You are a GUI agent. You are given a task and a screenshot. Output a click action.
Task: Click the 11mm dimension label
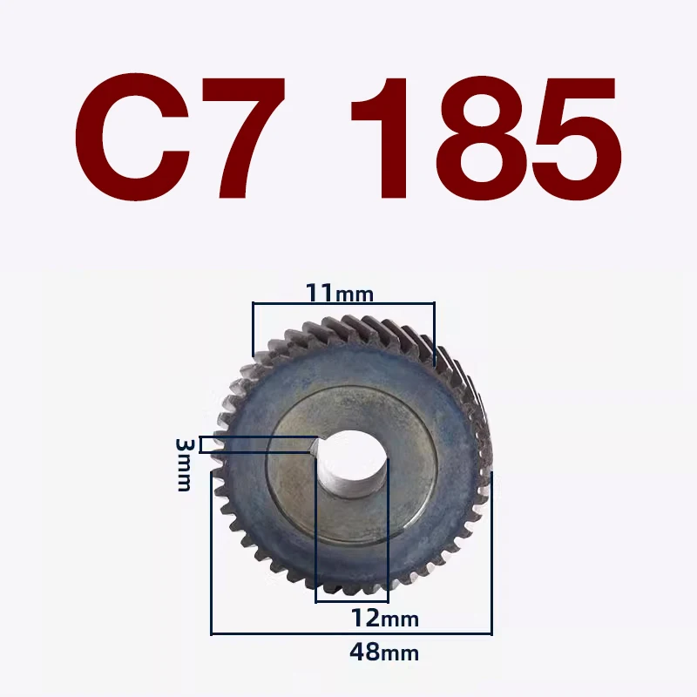(339, 293)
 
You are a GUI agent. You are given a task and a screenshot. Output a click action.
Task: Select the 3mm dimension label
(185, 464)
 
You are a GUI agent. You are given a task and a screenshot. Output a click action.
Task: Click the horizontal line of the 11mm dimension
(342, 304)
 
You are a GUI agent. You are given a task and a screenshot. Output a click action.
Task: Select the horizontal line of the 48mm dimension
(352, 633)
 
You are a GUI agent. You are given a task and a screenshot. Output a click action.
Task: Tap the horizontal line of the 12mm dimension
(352, 600)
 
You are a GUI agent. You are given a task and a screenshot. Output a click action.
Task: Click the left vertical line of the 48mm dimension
(212, 549)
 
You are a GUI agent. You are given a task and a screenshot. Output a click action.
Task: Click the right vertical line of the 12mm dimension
(389, 531)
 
